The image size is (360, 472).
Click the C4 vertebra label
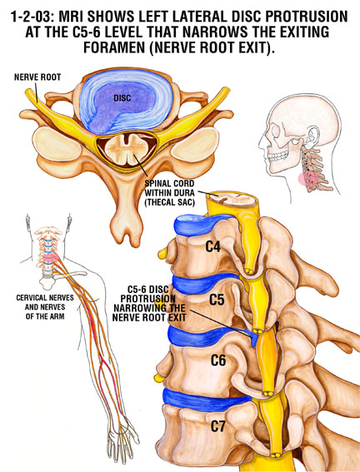click(x=213, y=246)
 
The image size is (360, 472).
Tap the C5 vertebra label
click(x=217, y=299)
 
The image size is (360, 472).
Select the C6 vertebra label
click(x=218, y=360)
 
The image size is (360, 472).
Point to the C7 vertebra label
click(x=217, y=426)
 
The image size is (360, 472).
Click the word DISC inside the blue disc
click(x=122, y=98)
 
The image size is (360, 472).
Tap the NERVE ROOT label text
click(x=37, y=77)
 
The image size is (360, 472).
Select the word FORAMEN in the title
click(x=114, y=47)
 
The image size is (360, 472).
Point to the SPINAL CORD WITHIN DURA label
click(x=170, y=192)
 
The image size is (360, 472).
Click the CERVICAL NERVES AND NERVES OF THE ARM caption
click(x=45, y=307)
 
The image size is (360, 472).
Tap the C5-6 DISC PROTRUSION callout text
click(x=149, y=303)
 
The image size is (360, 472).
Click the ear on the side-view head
click(x=312, y=137)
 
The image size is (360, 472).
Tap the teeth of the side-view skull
click(x=277, y=157)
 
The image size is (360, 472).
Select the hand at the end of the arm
click(x=122, y=442)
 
